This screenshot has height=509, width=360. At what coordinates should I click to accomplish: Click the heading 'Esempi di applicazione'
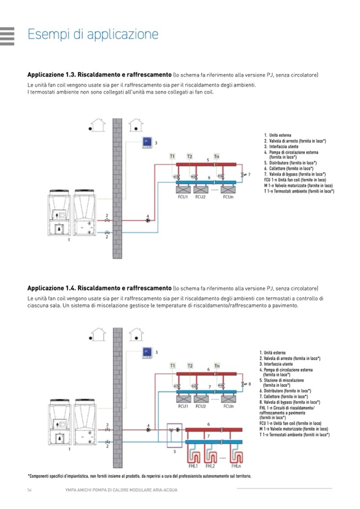(x=93, y=35)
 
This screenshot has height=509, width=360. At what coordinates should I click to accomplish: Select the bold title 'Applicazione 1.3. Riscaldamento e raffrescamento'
(x=99, y=75)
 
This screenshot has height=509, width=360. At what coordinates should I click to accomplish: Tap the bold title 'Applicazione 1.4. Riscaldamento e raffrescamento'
(x=99, y=288)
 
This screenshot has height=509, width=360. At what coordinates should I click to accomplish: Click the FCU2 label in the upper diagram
(x=201, y=197)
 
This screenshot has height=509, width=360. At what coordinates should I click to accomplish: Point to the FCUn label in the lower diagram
(x=229, y=406)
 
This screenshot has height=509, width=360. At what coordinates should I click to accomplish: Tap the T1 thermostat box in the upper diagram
(x=172, y=156)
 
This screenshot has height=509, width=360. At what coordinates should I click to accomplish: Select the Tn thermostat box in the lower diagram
(x=217, y=366)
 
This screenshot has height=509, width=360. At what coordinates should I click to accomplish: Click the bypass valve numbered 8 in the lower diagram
(x=243, y=383)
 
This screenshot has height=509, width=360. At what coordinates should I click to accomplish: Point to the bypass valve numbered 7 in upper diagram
(x=243, y=174)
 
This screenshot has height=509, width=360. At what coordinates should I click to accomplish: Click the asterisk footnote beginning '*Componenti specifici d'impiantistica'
(x=139, y=476)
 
